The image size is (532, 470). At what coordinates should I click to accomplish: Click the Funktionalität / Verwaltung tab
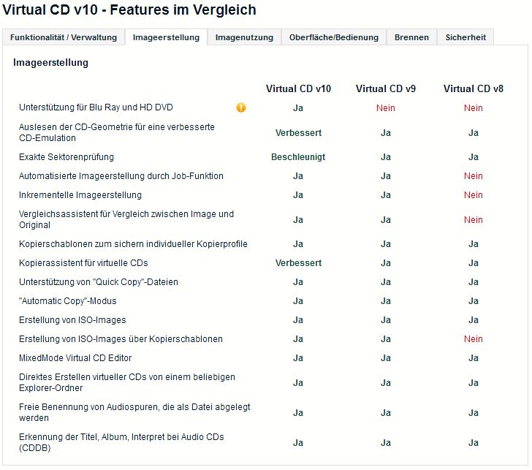[x=64, y=37]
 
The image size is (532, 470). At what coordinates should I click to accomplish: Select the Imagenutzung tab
[x=244, y=37]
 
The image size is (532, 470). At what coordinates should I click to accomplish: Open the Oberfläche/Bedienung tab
[x=334, y=37]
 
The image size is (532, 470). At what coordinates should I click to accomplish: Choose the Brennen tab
[x=411, y=37]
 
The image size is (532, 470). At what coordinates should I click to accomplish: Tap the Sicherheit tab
[x=465, y=37]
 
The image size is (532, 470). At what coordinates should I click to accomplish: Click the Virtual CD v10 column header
[x=298, y=88]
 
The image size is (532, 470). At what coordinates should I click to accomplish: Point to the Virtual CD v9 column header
[x=386, y=88]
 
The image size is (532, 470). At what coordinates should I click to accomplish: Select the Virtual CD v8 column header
[x=473, y=88]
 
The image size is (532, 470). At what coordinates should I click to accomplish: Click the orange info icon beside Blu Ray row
[x=241, y=107]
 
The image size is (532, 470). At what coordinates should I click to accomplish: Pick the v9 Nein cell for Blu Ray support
[x=386, y=108]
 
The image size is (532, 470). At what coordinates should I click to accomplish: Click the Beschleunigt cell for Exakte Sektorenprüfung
[x=298, y=157]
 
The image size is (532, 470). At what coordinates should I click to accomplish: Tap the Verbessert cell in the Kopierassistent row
[x=298, y=262]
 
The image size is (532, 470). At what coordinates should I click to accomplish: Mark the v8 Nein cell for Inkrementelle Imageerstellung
[x=473, y=195]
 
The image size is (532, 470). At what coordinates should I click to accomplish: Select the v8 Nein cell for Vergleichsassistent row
[x=473, y=219]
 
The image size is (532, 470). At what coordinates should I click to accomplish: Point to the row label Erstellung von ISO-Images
[x=72, y=320]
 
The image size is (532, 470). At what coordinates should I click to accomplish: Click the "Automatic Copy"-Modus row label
[x=68, y=301]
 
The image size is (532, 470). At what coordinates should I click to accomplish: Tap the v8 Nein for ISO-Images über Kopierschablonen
[x=473, y=339]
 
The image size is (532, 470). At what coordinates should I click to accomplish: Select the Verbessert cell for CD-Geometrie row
[x=298, y=133]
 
